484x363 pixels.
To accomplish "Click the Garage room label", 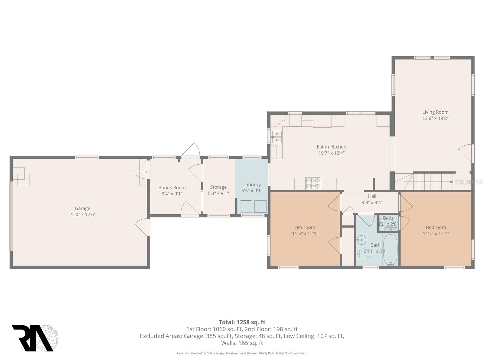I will [82, 208].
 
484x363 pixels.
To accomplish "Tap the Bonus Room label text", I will [172, 188].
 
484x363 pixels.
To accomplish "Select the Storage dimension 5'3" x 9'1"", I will [218, 194].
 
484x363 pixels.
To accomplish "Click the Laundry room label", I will [252, 185].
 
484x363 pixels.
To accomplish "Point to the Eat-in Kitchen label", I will [331, 147].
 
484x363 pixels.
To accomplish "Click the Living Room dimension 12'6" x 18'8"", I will [435, 119].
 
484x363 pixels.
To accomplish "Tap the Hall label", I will [372, 196].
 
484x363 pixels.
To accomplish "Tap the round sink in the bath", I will [361, 240].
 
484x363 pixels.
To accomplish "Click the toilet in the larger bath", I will [363, 254].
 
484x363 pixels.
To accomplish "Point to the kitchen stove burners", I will [313, 183].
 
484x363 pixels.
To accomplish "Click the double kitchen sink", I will [277, 137].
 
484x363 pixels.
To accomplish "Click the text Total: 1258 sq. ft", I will [242, 322].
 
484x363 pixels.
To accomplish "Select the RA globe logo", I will [35, 338].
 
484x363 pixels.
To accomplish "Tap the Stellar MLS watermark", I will [469, 181].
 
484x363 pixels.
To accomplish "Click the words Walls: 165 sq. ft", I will [242, 343].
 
